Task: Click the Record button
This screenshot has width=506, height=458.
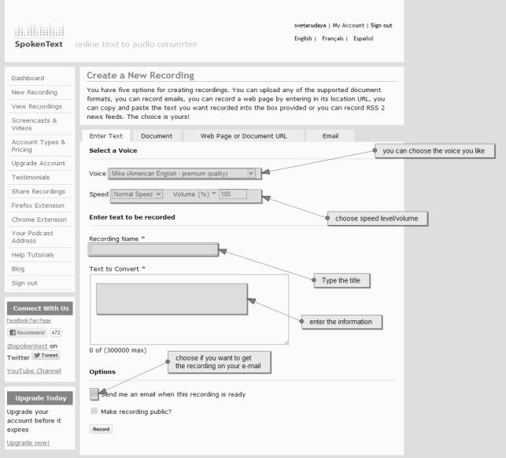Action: [x=101, y=429]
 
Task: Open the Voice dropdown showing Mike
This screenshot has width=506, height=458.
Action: [x=182, y=173]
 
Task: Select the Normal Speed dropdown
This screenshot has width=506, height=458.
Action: [x=137, y=194]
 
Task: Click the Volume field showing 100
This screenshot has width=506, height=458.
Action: [x=233, y=194]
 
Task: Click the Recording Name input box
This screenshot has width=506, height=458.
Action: [x=153, y=249]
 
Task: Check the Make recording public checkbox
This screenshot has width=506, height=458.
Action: [x=94, y=411]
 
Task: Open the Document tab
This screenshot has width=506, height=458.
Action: [x=157, y=136]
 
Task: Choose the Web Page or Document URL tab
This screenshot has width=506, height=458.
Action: [x=243, y=136]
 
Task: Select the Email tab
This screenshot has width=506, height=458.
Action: [x=331, y=136]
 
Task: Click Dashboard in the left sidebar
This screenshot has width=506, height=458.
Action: [x=28, y=78]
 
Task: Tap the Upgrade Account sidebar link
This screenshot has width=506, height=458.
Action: [x=39, y=163]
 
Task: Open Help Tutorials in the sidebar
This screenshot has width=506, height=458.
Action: [x=33, y=255]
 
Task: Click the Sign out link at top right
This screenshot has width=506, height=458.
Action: [x=381, y=25]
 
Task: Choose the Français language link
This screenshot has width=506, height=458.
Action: [x=332, y=38]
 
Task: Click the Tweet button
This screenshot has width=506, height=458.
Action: [x=46, y=355]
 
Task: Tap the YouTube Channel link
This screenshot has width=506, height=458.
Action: [x=34, y=371]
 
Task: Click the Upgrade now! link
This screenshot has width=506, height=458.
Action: [x=28, y=442]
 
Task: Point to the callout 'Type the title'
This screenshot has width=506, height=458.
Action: [x=342, y=280]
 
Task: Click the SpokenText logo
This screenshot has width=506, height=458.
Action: [x=39, y=38]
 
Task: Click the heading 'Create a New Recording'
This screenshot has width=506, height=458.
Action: [x=140, y=76]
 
